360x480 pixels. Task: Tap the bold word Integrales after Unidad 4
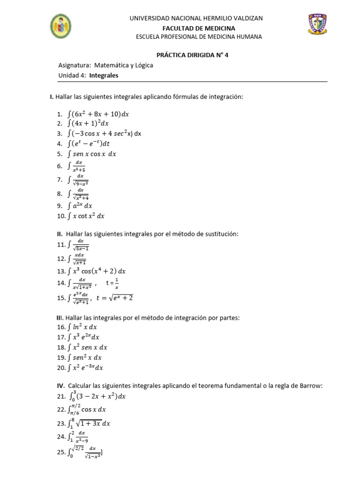(x=104, y=75)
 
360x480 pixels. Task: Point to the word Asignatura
(x=74, y=65)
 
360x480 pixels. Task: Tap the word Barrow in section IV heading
(x=313, y=386)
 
